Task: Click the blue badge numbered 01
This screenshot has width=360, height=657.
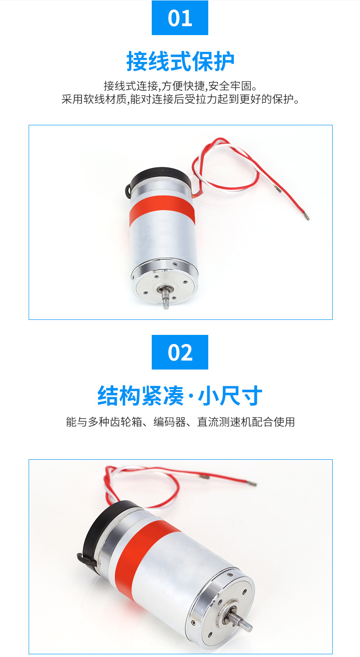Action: click(x=180, y=18)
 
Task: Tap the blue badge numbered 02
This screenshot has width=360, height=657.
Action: click(x=180, y=352)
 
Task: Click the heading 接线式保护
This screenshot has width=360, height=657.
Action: click(x=180, y=62)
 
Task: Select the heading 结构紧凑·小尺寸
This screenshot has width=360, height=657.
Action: click(x=180, y=396)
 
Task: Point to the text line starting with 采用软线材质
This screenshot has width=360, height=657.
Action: click(x=180, y=99)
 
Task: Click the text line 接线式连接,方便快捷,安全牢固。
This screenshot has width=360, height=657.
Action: click(x=180, y=86)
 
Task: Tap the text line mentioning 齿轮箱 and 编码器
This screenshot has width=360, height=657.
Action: click(x=180, y=422)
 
